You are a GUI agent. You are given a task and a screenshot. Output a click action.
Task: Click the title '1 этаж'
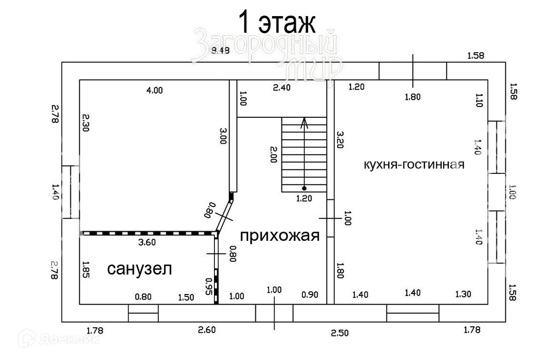277,22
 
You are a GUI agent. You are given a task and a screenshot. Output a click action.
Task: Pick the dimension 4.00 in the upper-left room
154,90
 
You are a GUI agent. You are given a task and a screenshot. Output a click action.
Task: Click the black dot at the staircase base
304,188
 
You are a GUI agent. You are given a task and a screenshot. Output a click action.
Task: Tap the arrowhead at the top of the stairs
304,121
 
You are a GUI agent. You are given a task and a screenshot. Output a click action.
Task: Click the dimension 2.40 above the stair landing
282,88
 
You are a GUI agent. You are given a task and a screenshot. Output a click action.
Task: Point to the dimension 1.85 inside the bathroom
85,269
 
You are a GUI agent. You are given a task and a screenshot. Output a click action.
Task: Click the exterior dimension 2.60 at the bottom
207,330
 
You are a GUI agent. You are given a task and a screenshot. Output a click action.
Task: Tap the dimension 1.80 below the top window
412,97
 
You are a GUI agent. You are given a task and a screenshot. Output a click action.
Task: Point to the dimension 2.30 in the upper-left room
85,124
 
